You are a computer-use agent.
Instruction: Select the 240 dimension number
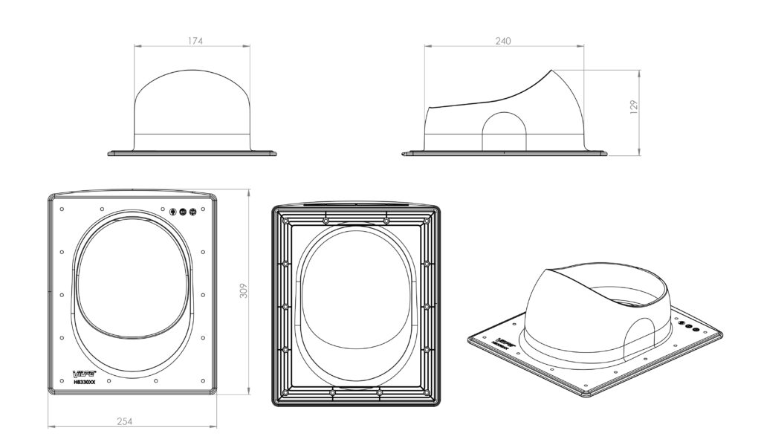pyautogui.click(x=503, y=41)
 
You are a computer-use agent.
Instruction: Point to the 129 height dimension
pyautogui.click(x=634, y=106)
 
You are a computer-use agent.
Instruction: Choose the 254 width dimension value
pyautogui.click(x=125, y=421)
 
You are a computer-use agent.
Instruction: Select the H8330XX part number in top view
pyautogui.click(x=84, y=382)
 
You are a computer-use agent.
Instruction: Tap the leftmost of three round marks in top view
pyautogui.click(x=172, y=211)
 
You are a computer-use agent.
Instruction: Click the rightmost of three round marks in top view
pyautogui.click(x=192, y=211)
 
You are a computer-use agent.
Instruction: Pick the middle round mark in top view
pyautogui.click(x=183, y=211)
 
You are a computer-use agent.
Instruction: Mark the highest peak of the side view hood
pyautogui.click(x=551, y=71)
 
